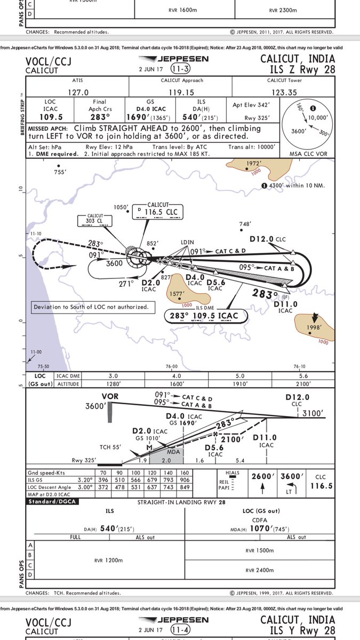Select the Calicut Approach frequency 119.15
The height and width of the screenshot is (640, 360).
[181, 92]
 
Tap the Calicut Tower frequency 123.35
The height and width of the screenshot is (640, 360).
[284, 92]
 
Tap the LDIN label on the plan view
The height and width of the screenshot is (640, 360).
[187, 242]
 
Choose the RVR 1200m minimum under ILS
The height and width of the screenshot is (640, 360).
[109, 561]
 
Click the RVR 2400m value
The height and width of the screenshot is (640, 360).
[260, 570]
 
